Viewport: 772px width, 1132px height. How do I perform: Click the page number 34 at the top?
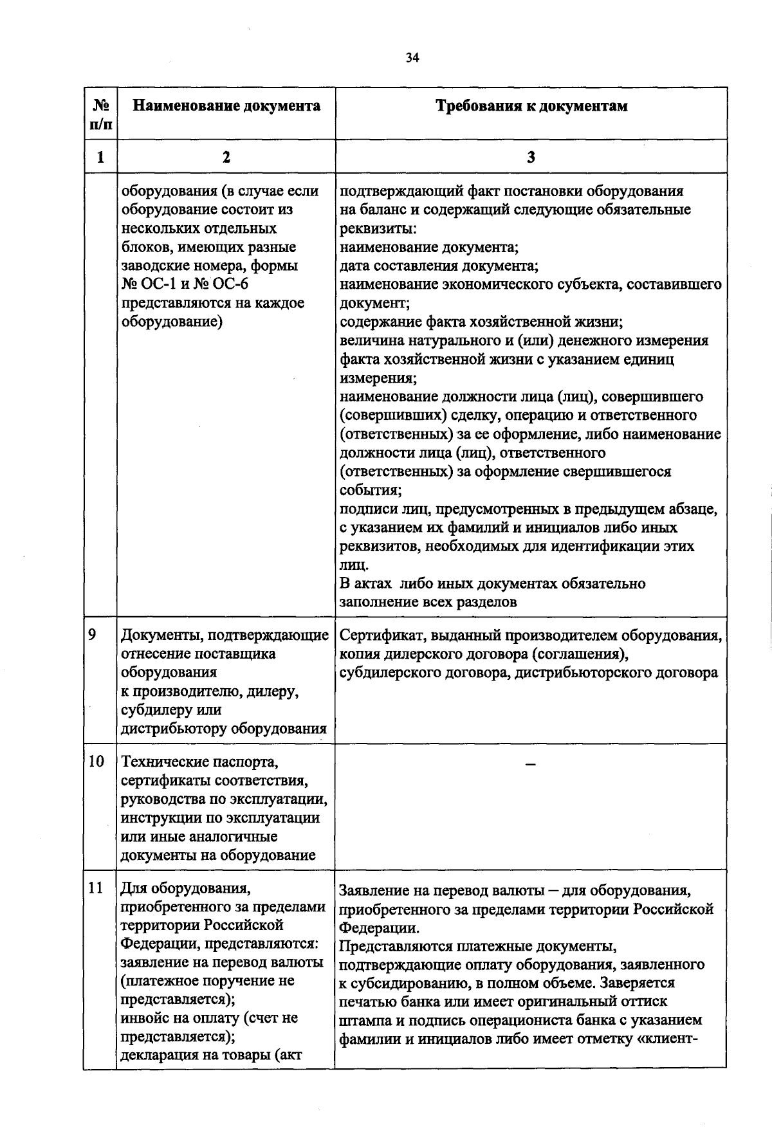[x=412, y=58]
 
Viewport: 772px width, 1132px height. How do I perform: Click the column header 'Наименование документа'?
[x=226, y=106]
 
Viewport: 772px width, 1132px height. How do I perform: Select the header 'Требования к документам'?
[x=531, y=106]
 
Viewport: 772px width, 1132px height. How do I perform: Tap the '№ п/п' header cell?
[x=101, y=114]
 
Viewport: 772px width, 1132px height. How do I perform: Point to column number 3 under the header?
[x=531, y=157]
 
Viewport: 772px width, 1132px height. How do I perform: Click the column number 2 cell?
[x=226, y=157]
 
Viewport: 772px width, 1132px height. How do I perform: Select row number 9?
[x=93, y=635]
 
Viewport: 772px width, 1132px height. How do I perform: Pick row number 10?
[x=96, y=762]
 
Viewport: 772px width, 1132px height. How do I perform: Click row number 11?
[x=96, y=888]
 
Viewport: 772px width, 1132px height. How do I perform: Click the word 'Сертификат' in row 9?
[x=380, y=636]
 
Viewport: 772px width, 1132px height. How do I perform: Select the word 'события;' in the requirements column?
[x=371, y=491]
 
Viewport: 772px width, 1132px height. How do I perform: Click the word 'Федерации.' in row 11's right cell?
[x=380, y=929]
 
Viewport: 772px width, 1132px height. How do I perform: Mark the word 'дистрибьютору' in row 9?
[x=174, y=729]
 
